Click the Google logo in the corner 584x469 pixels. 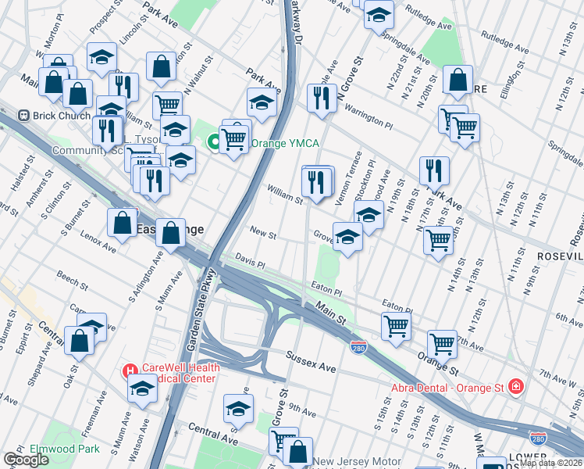pyautogui.click(x=26, y=460)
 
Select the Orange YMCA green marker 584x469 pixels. pyautogui.click(x=212, y=144)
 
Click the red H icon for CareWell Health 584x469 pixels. pyautogui.click(x=130, y=369)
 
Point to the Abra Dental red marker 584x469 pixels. pyautogui.click(x=515, y=386)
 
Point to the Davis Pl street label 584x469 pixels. pyautogui.click(x=251, y=260)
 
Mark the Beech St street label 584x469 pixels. pyautogui.click(x=71, y=277)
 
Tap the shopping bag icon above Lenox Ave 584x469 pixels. pyautogui.click(x=123, y=223)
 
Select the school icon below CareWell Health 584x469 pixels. pyautogui.click(x=142, y=388)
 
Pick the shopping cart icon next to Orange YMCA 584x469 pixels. pyautogui.click(x=234, y=139)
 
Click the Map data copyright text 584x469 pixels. pyautogui.click(x=550, y=463)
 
